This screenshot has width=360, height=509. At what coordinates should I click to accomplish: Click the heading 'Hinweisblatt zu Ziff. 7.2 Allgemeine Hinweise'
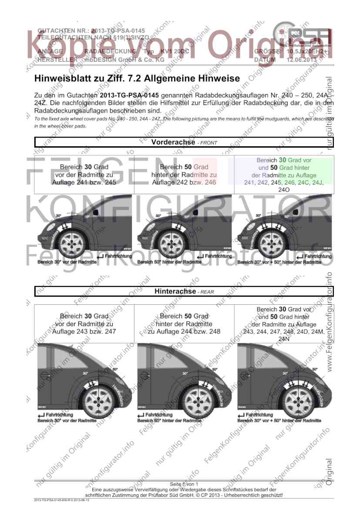[x=137, y=79]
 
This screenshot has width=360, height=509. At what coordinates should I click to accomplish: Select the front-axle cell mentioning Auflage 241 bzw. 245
[x=84, y=175]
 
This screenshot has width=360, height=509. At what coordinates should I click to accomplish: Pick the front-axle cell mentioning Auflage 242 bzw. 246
[x=184, y=175]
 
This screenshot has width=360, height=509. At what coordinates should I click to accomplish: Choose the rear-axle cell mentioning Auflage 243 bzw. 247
[x=84, y=324]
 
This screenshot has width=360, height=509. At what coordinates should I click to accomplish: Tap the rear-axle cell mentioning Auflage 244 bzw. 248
[x=184, y=324]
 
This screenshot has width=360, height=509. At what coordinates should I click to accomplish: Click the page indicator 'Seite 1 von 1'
[x=184, y=484]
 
